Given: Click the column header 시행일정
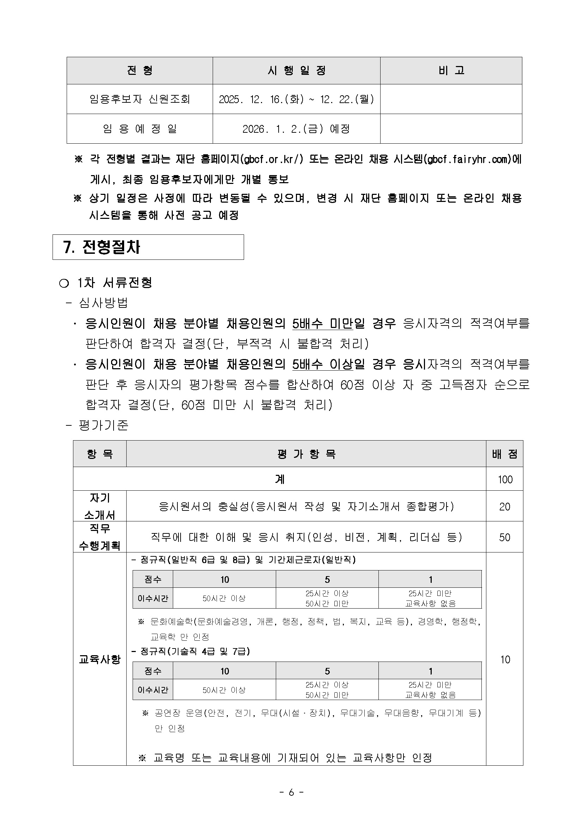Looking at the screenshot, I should click(x=296, y=71).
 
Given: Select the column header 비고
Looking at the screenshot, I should click(x=451, y=71).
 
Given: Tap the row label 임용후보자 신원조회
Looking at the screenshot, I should click(x=139, y=99).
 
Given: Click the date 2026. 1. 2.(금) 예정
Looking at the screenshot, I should click(x=296, y=128).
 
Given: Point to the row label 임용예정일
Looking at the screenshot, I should click(x=139, y=128).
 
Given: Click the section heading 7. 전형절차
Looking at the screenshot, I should click(x=102, y=247).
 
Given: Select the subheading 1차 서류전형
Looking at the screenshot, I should click(x=115, y=283).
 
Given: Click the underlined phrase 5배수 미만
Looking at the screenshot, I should click(x=322, y=324).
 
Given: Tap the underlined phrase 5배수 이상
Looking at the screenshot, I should click(x=322, y=364).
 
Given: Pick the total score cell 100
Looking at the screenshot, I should click(x=505, y=479).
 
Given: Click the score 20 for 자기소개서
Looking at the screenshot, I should click(x=504, y=507).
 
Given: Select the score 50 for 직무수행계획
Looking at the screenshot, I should click(x=504, y=537).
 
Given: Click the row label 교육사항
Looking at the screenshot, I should click(x=99, y=659).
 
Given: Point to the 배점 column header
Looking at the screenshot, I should click(x=504, y=454).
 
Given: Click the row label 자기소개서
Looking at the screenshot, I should click(x=99, y=506).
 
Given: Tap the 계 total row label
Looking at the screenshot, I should click(x=279, y=479).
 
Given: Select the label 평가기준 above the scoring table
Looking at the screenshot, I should click(x=103, y=425).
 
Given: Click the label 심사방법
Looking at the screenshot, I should click(x=103, y=303).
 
